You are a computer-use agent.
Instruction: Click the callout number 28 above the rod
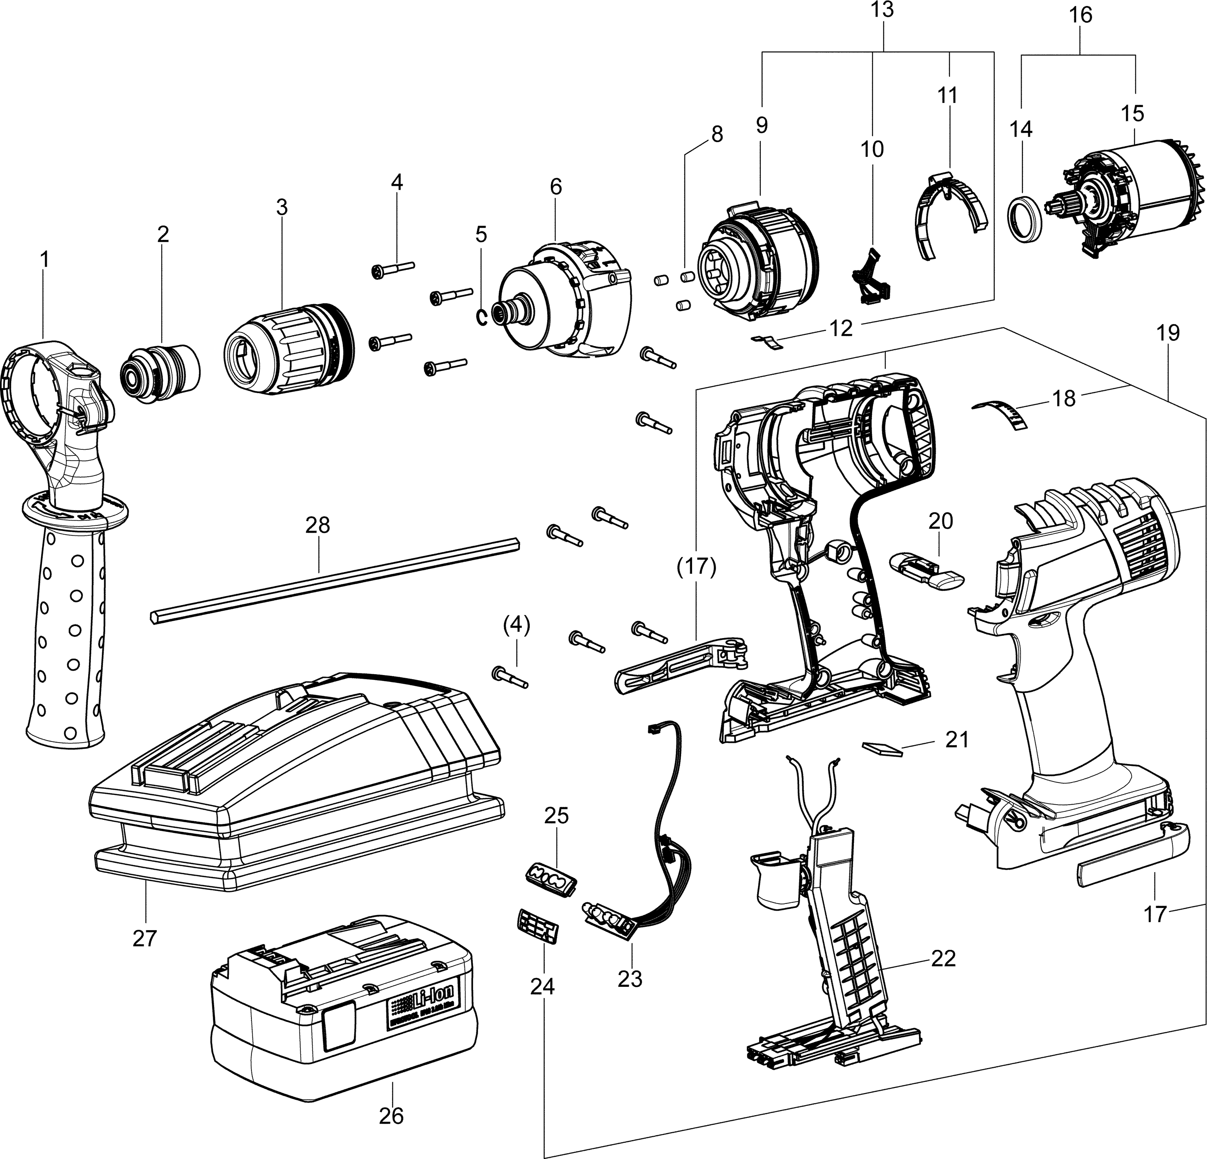[x=318, y=525]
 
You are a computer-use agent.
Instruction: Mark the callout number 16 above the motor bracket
[x=1081, y=15]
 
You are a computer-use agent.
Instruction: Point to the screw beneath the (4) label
[x=511, y=677]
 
